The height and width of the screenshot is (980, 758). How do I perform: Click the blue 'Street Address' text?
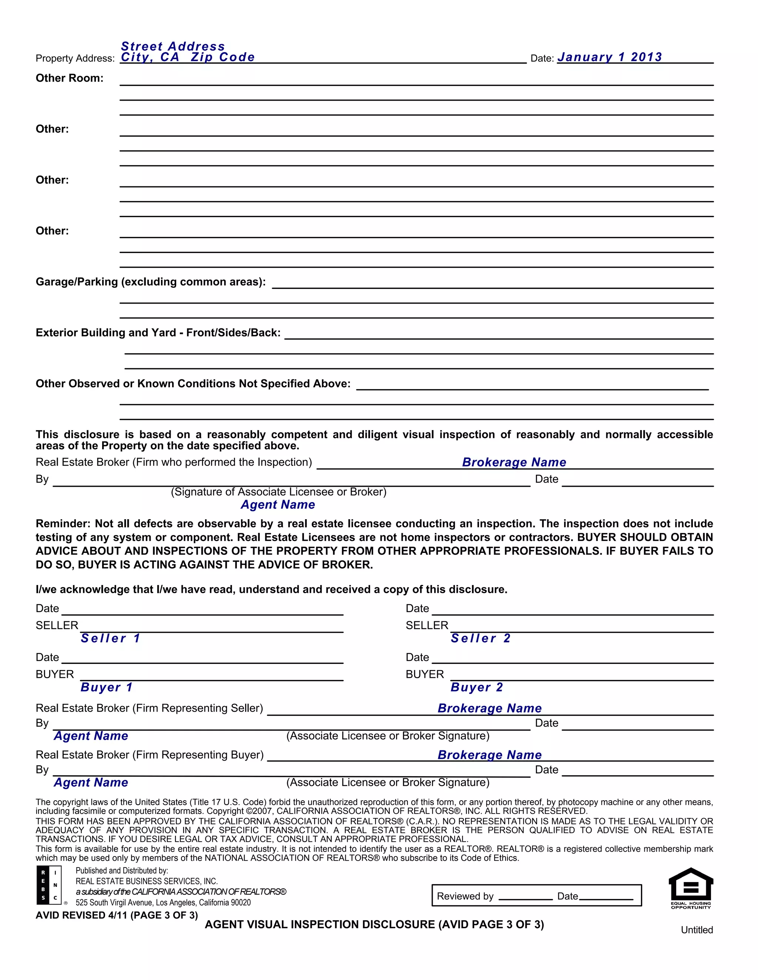click(173, 46)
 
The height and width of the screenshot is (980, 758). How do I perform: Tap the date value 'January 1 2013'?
click(609, 57)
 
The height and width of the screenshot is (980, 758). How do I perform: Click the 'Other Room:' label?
click(70, 78)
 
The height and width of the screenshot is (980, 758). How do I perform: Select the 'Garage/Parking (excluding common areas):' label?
click(150, 282)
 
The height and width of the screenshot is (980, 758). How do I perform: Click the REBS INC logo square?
click(48, 885)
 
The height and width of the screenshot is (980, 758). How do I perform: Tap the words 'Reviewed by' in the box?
click(465, 896)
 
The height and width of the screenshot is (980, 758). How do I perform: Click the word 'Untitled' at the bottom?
click(697, 930)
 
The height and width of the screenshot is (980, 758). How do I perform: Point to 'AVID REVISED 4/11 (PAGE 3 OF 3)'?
click(117, 915)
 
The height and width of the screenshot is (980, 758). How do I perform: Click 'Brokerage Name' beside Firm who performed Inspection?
click(514, 462)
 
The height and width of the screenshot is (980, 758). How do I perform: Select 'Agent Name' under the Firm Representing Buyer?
click(91, 783)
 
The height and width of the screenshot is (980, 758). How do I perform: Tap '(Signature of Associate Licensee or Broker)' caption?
click(278, 492)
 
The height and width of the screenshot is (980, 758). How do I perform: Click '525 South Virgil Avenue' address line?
click(163, 902)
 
